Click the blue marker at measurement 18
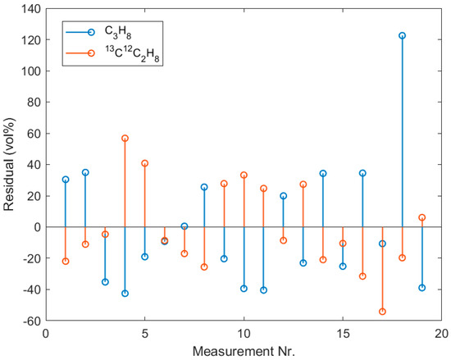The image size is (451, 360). point(402,36)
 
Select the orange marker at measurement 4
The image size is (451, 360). point(125,139)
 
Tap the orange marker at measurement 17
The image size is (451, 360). point(382,312)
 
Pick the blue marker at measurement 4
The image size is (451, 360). point(125,294)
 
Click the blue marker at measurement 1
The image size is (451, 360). point(66,180)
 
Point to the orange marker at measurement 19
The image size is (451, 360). point(422,217)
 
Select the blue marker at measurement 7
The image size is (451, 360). point(184,226)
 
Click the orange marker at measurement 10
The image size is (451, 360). point(244,175)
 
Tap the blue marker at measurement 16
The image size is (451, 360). point(362,173)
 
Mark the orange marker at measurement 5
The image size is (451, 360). point(144,163)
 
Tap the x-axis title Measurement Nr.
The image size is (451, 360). point(244,352)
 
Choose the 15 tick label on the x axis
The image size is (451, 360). point(343,334)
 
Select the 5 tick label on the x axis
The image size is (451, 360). point(144,334)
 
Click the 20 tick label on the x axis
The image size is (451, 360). point(441,334)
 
